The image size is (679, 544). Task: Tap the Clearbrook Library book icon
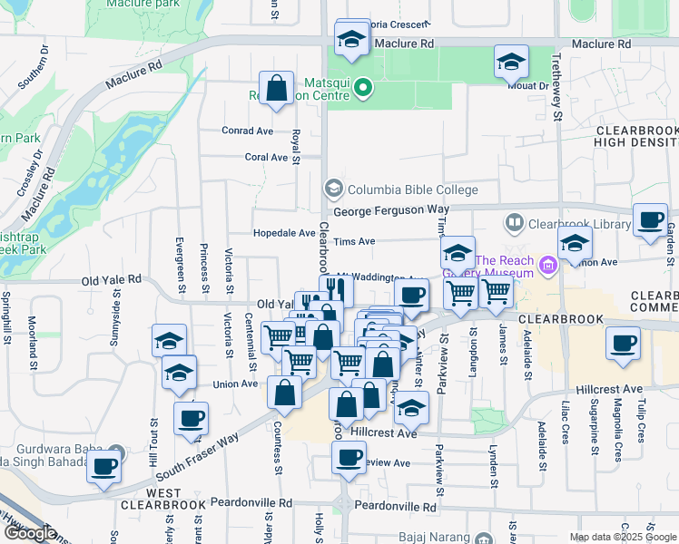coord(515,223)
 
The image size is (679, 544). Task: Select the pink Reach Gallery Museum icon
coord(547,265)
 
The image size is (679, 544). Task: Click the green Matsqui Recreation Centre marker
coord(363,88)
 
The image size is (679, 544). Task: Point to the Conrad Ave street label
coord(248,131)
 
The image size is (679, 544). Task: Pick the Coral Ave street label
coord(266,157)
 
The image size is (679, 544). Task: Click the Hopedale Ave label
coord(284,232)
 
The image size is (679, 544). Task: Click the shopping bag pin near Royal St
coord(277,90)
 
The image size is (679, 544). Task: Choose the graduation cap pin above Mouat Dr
coord(511,63)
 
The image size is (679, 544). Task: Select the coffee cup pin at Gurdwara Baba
coord(104,466)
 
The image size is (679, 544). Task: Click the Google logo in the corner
coord(30,533)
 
